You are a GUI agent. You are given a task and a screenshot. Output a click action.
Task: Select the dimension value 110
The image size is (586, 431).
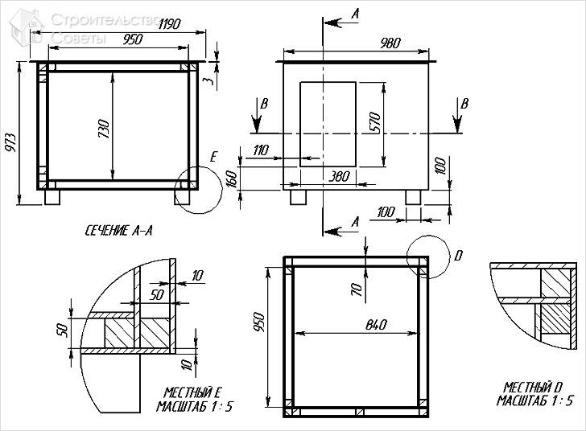coord(261,150)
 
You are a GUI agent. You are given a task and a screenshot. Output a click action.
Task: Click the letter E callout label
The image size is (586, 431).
coord(213,157)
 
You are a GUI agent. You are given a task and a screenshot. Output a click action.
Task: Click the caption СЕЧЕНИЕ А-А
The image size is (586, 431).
coord(119,231)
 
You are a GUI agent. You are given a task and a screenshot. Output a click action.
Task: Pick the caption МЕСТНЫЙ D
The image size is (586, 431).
coord(535,388)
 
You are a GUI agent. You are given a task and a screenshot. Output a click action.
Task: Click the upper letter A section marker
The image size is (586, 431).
coord(355,14)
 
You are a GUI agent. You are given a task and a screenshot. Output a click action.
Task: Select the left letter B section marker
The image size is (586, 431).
coord(263,104)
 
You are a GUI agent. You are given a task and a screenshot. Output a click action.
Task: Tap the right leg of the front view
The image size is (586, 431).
coord(414,196)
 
